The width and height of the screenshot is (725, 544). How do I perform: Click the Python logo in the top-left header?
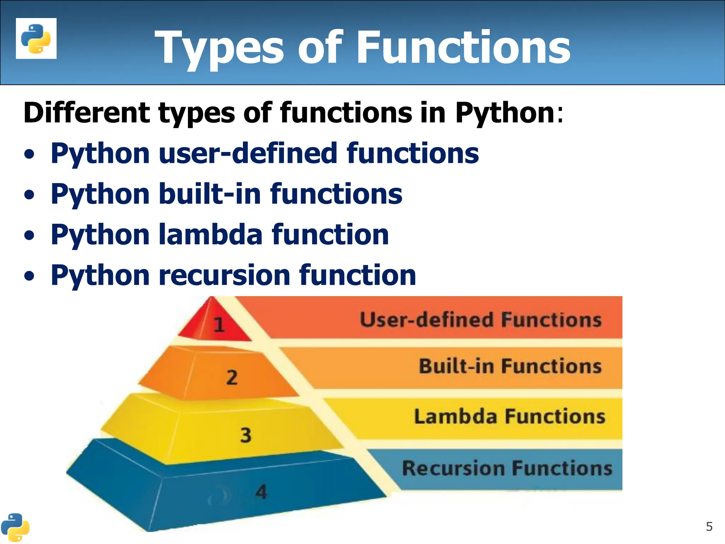click(36, 39)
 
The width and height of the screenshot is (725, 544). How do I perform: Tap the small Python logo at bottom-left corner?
click(15, 527)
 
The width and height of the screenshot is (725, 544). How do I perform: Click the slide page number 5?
click(709, 527)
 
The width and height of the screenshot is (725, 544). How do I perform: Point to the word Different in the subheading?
click(87, 113)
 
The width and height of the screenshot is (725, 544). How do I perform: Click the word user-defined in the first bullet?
click(248, 153)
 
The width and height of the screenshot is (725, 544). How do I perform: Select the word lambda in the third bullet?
click(210, 235)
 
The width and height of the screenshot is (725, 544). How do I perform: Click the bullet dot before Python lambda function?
click(30, 236)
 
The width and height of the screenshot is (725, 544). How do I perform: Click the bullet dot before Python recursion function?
click(30, 277)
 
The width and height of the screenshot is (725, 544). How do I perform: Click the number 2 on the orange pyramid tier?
click(232, 378)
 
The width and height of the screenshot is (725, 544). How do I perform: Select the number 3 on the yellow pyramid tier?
click(246, 435)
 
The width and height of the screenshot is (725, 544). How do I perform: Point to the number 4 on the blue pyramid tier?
click(261, 492)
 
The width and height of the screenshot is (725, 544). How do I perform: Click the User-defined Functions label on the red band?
click(481, 320)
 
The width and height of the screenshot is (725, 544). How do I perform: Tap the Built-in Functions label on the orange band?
click(510, 366)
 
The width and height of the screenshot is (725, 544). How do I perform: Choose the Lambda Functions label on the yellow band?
click(510, 416)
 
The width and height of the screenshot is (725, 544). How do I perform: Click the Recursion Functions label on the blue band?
click(507, 468)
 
